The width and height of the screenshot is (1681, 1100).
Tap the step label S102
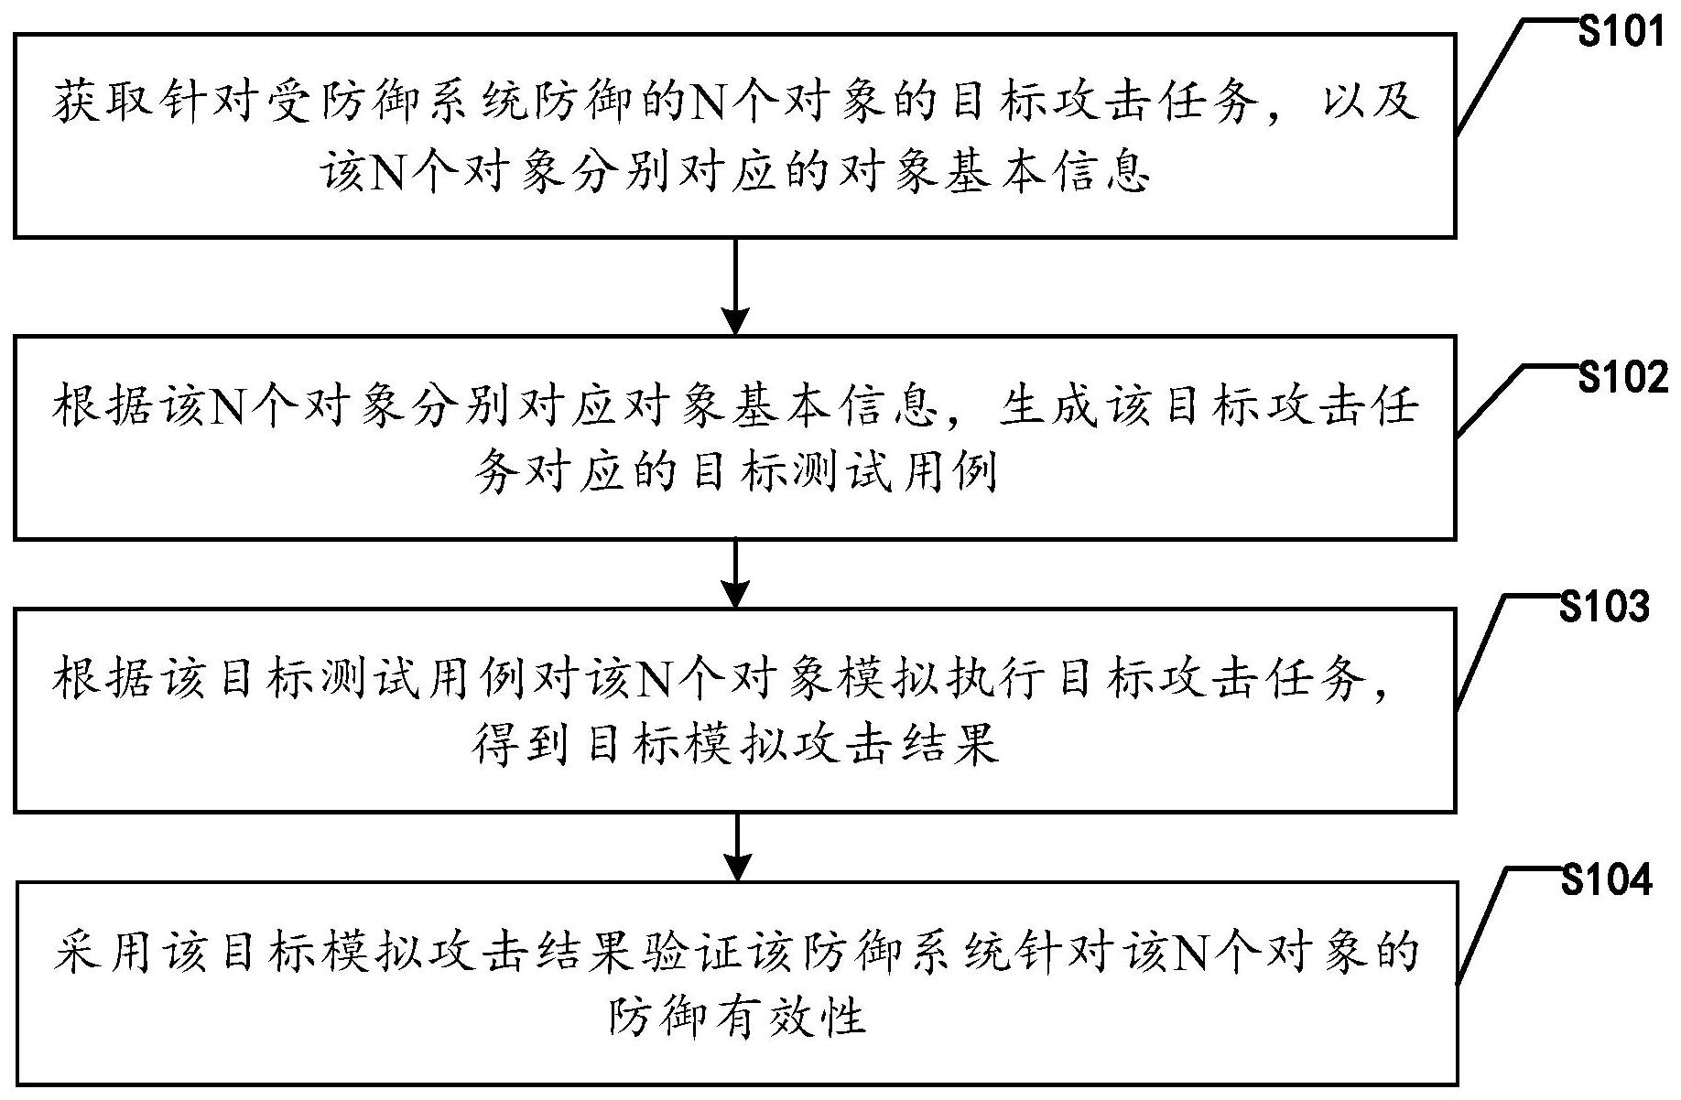(1621, 377)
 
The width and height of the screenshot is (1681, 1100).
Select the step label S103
(1604, 607)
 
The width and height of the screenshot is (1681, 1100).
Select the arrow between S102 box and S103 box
(735, 573)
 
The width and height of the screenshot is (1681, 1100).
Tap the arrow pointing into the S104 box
(735, 846)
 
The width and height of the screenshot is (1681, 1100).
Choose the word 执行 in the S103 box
(994, 679)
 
